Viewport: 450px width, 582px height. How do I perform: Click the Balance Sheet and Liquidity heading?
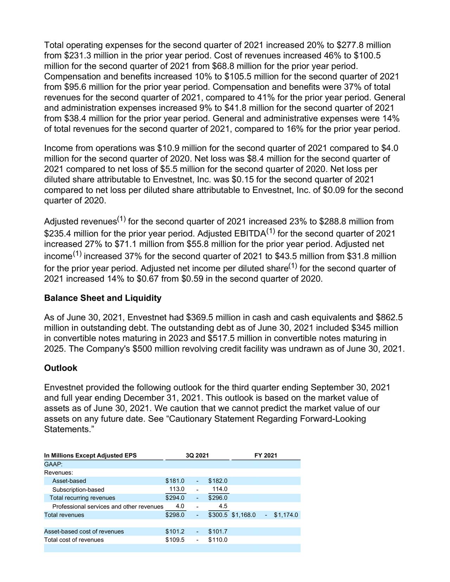103,298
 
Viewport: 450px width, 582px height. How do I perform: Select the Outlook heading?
60,368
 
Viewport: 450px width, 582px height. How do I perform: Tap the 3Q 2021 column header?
197,455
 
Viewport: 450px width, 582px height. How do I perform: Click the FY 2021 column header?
266,455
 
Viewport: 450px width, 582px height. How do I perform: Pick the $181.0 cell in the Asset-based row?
175,481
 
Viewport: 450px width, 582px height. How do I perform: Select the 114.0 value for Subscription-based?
220,489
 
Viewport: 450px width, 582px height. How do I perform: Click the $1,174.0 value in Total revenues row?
286,515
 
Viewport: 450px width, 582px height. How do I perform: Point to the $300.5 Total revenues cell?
218,515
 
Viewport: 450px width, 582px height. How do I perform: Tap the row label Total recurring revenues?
82,498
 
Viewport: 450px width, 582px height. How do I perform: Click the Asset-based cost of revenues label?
84,531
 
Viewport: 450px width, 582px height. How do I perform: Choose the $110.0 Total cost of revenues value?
218,540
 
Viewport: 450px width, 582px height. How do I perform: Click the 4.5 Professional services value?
223,506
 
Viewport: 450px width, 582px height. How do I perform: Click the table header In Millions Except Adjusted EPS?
90,455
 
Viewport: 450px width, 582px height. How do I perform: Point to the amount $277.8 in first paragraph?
350,45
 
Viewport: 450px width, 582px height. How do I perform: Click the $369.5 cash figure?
199,318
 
